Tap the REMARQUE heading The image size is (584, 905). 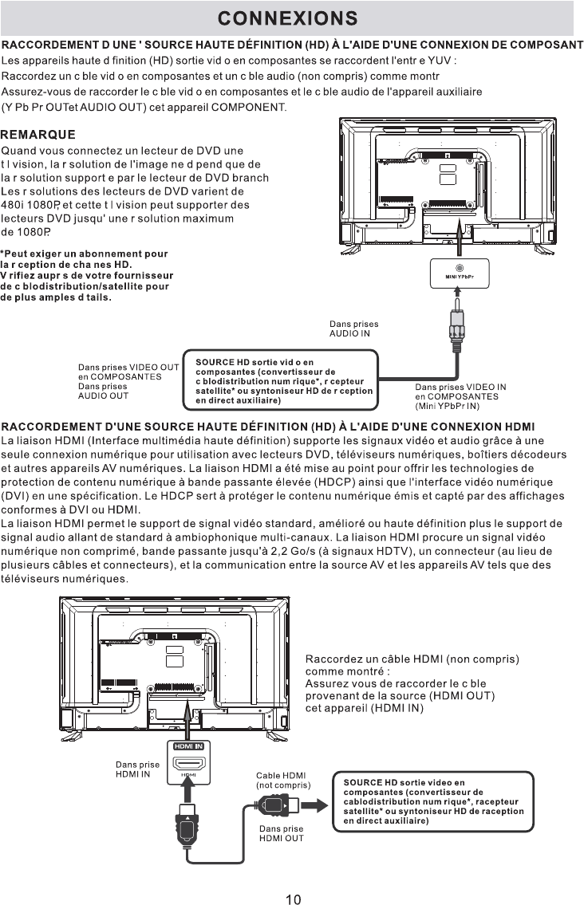click(x=38, y=134)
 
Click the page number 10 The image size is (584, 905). click(x=293, y=899)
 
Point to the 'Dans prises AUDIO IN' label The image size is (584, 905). click(x=354, y=329)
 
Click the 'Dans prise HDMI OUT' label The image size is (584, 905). click(x=282, y=833)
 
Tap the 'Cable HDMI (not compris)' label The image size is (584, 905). click(x=282, y=780)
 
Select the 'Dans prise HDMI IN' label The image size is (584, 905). click(x=137, y=769)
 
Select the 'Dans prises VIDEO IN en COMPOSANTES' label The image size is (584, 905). click(x=461, y=395)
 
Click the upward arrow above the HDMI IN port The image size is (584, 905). click(x=189, y=714)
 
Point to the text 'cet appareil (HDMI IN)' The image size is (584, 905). click(x=364, y=707)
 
